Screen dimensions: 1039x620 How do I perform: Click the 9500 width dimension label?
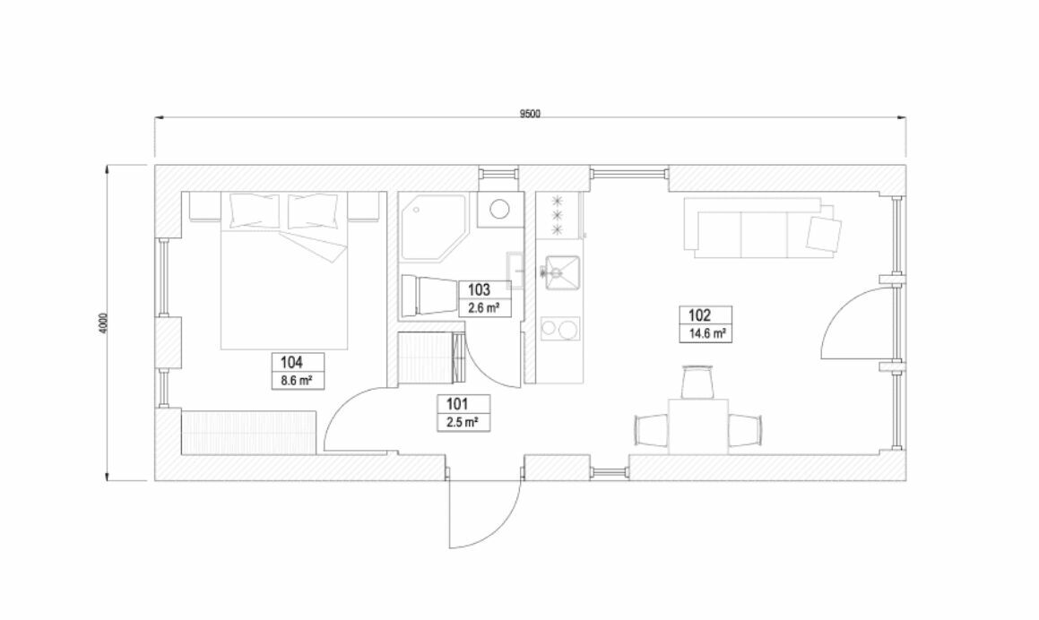click(530, 113)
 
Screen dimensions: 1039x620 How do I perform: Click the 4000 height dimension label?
click(102, 323)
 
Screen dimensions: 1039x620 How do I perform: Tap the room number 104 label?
click(291, 362)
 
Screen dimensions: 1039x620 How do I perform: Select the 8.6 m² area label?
click(296, 381)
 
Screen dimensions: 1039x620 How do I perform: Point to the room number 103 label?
click(479, 289)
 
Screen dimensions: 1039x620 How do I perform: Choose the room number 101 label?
click(457, 403)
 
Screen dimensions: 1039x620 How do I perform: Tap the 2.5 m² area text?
click(463, 422)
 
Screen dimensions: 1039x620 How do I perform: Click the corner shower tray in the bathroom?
click(434, 227)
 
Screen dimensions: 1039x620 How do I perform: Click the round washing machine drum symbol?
click(499, 210)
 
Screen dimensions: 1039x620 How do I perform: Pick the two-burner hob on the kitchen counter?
click(560, 329)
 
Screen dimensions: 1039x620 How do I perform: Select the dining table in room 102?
click(698, 426)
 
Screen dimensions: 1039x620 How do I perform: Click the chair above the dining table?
click(698, 383)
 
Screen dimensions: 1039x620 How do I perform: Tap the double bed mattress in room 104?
click(283, 279)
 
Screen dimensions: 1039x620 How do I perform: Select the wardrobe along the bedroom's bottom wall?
click(247, 433)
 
